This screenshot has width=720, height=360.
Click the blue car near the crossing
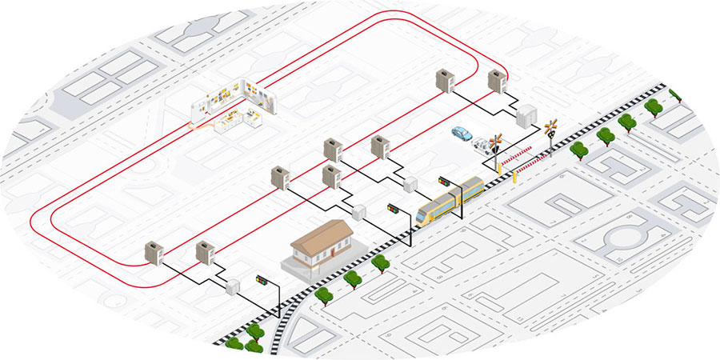point(462,133)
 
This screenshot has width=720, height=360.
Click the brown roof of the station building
point(322,235)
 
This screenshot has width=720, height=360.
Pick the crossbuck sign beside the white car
point(495,141)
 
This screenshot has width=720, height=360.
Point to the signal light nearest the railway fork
point(261,280)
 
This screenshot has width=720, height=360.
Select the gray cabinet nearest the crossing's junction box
point(498,82)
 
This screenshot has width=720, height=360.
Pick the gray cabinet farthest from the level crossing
point(154,254)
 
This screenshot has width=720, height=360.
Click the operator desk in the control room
point(240,120)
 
